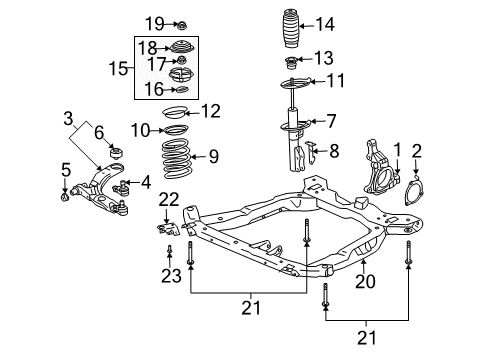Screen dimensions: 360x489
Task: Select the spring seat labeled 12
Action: pos(176,112)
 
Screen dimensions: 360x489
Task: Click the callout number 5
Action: pos(65,169)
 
